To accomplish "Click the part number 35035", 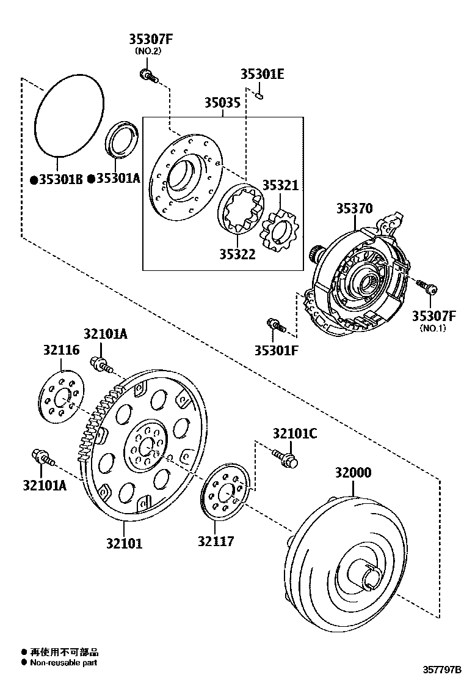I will point(222,103).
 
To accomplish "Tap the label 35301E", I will point(262,75).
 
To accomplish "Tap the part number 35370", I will point(353,209).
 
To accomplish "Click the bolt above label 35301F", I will point(277,325).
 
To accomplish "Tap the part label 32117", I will point(216,541).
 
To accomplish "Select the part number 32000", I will point(352,473).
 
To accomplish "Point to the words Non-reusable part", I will point(63,662).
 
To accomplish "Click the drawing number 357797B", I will point(437,670).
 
